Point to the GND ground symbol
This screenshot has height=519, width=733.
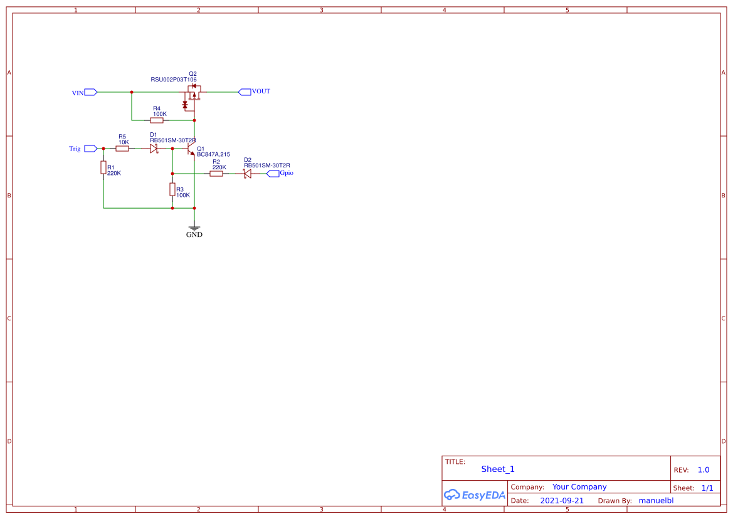pos(194,230)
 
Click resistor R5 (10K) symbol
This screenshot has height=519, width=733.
pos(122,149)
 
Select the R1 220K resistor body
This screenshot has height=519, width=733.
pos(103,168)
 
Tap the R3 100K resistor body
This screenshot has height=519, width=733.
pos(172,190)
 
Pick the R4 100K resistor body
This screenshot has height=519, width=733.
pos(157,120)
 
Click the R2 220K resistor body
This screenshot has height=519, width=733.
pos(216,173)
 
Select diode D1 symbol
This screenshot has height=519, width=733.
pos(153,149)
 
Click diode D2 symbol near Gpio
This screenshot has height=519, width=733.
pos(247,173)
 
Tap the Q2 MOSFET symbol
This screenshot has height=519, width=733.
pos(192,96)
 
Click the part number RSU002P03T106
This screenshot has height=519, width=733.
pos(174,80)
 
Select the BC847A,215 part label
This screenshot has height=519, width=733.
pos(213,154)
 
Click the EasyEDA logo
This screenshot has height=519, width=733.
pos(474,495)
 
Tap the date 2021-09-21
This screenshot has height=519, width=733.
pos(562,501)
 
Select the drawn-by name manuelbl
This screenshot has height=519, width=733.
pos(656,501)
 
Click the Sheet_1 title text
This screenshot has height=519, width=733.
pos(498,469)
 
